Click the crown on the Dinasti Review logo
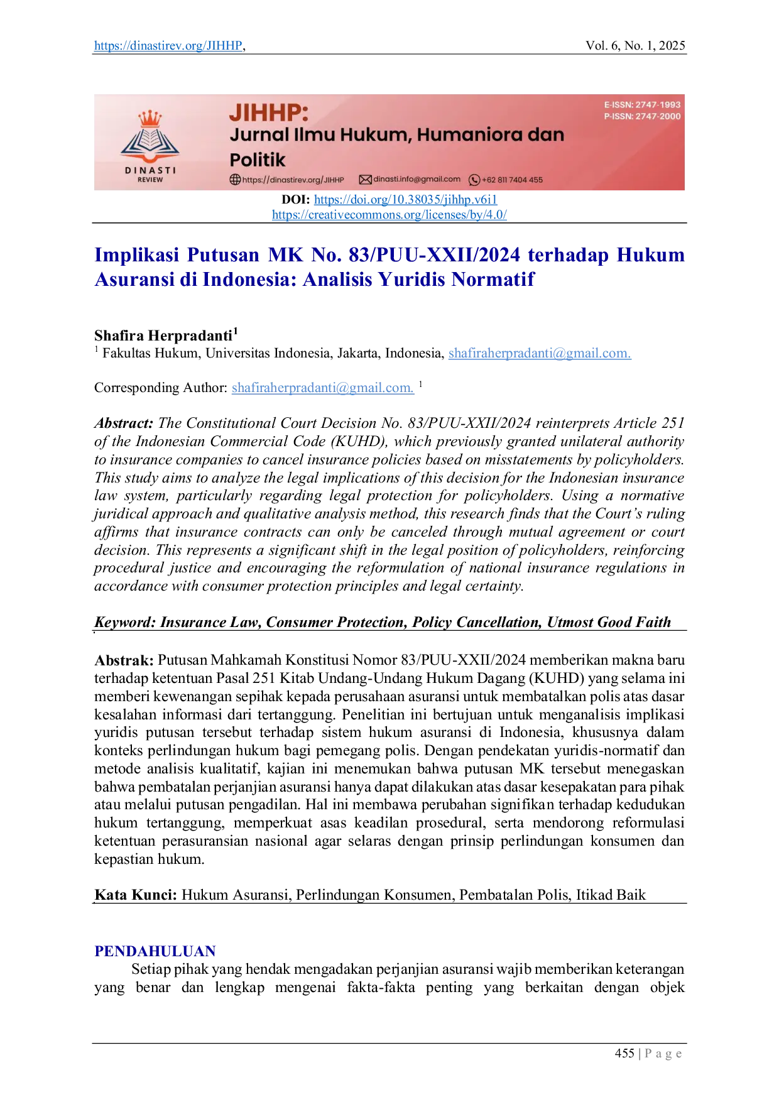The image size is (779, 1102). coord(150,118)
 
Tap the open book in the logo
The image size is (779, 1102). coord(150,139)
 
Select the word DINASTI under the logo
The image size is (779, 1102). coord(150,170)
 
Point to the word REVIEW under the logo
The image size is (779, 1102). coord(150,180)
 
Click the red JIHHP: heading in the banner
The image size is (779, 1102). coord(268,112)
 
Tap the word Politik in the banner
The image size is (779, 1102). coord(257,160)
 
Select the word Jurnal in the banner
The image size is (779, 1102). coord(258,134)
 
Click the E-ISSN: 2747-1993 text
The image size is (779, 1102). coord(642,105)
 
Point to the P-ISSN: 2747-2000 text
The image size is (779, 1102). coord(642,116)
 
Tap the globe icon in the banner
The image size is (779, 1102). coord(235,180)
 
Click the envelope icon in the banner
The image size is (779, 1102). coord(365,180)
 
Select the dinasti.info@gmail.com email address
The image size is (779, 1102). coord(417,179)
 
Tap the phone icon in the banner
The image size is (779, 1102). coord(474,180)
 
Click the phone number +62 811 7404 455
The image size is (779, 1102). coord(512,180)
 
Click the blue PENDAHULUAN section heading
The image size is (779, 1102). coord(155,951)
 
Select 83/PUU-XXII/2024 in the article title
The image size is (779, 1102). coord(434,255)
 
